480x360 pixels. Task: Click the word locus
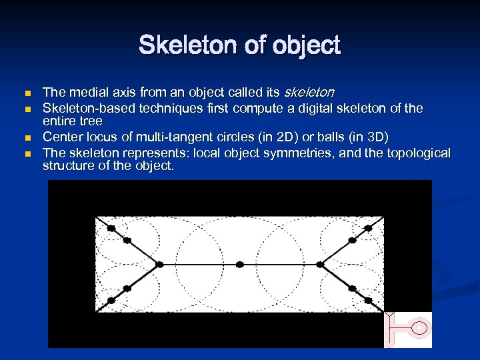point(95,136)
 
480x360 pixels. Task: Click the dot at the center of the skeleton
point(240,264)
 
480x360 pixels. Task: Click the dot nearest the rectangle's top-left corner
point(111,228)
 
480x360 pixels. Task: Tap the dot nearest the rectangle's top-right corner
point(368,228)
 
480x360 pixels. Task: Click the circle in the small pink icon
point(419,327)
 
